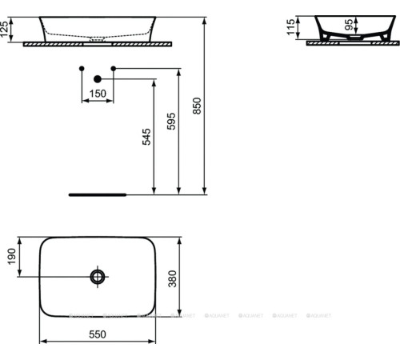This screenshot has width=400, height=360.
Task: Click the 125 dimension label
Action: (6, 30)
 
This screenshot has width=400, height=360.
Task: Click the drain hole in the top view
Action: (98, 277)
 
